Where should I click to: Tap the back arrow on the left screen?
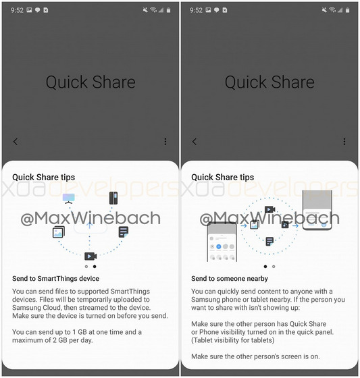pyautogui.click(x=16, y=142)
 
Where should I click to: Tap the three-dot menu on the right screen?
pyautogui.click(x=344, y=142)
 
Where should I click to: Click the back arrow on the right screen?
pyautogui.click(x=195, y=142)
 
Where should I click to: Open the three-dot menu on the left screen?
pyautogui.click(x=165, y=142)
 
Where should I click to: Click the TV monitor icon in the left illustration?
pyautogui.click(x=68, y=198)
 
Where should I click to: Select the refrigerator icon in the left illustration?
pyautogui.click(x=113, y=198)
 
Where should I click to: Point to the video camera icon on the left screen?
pyautogui.click(x=91, y=256)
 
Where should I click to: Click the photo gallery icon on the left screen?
pyautogui.click(x=59, y=232)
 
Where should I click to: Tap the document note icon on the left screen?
pyautogui.click(x=124, y=232)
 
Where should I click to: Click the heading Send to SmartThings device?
pyautogui.click(x=56, y=279)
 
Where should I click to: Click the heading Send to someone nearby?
pyautogui.click(x=230, y=279)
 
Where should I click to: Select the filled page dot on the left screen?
pyautogui.click(x=95, y=267)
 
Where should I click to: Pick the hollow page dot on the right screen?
pyautogui.click(x=274, y=267)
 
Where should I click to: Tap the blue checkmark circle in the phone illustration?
pyautogui.click(x=219, y=246)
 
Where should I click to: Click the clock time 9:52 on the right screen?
pyautogui.click(x=196, y=10)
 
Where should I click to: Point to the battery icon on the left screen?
pyautogui.click(x=168, y=10)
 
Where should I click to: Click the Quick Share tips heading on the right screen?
pyautogui.click(x=222, y=178)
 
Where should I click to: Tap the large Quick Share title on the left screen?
pyautogui.click(x=91, y=82)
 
